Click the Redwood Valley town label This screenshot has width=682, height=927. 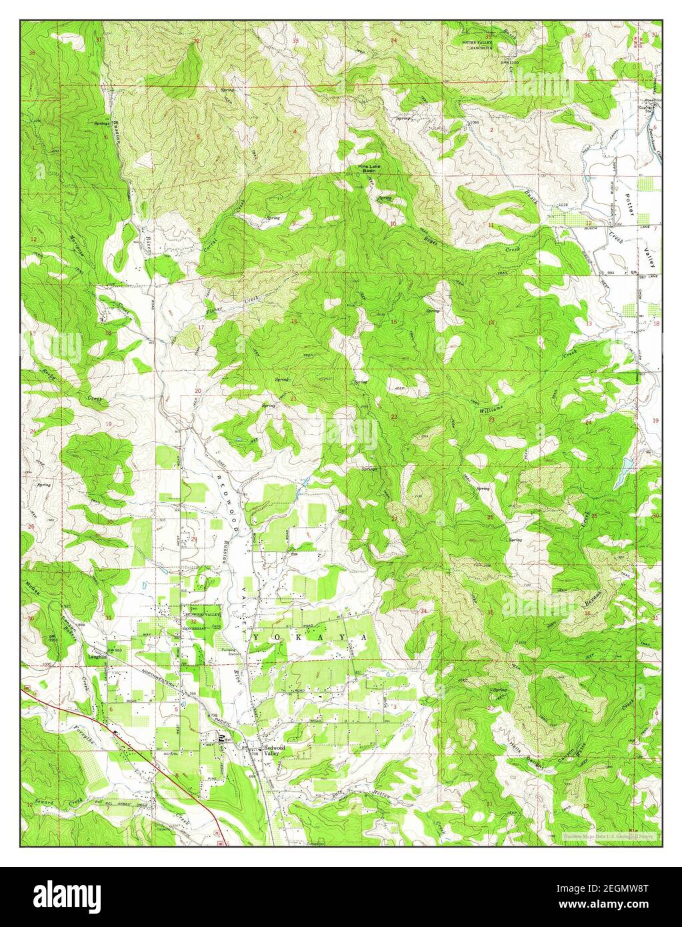[x=275, y=750]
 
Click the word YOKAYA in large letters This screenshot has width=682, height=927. [x=312, y=638]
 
